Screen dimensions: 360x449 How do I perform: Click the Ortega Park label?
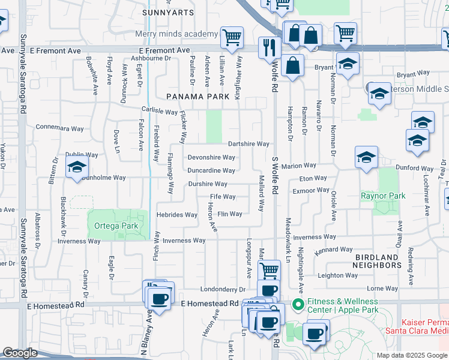[116, 226]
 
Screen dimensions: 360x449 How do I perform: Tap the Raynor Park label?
[383, 196]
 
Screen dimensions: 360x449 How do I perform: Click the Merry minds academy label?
[176, 34]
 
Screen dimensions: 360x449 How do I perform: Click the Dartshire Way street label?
[249, 144]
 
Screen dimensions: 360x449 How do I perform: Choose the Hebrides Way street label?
[176, 215]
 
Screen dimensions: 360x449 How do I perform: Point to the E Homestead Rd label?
[209, 304]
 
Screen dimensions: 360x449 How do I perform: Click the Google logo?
[20, 353]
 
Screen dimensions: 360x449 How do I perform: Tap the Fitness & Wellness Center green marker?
[297, 305]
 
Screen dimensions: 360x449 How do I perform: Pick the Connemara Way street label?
[59, 128]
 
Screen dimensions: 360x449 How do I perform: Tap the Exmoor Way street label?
[311, 190]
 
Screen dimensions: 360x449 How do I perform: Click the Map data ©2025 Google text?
[411, 355]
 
